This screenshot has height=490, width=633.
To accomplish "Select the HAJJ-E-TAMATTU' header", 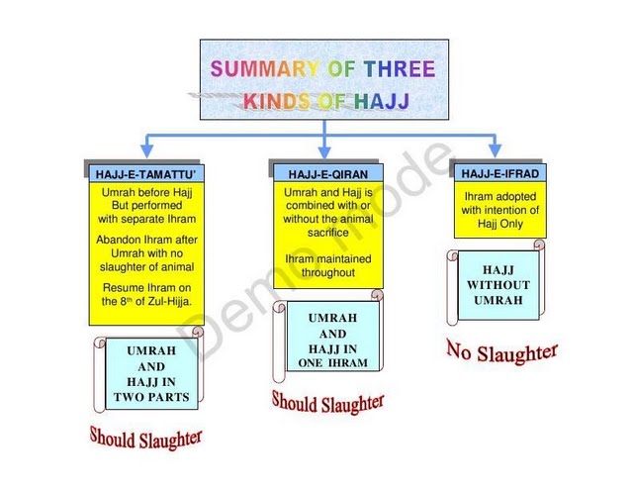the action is [146, 174].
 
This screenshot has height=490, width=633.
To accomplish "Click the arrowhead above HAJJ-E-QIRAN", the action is [324, 148].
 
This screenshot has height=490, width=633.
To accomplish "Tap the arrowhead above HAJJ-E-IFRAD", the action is [495, 148].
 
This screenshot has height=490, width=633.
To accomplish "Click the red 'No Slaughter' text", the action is [501, 350].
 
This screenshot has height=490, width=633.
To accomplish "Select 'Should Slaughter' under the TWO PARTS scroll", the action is [145, 436].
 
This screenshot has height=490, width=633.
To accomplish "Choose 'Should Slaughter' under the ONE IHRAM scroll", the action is [327, 402].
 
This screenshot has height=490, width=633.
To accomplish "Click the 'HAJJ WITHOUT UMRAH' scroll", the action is [498, 285].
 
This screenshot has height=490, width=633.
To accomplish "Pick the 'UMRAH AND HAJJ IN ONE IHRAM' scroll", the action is [332, 338].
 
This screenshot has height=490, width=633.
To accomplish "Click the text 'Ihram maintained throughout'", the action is [323, 265].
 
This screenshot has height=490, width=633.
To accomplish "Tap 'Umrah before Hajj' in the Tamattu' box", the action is [146, 192].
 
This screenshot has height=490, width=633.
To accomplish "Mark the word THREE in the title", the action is [399, 69].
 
